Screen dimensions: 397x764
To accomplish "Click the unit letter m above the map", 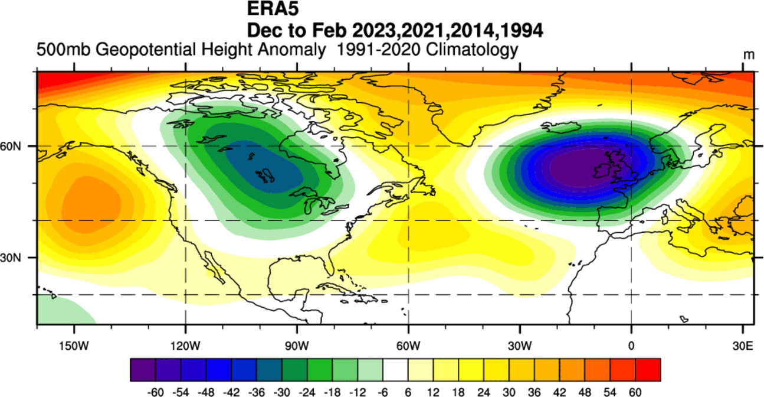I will coord(749,54).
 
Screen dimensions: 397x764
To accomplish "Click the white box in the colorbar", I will coord(395,370).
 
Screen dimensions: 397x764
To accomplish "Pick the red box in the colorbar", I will coord(648,370).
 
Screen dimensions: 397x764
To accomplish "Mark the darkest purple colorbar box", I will coord(142,370).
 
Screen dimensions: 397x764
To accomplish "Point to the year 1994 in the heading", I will coord(519,29).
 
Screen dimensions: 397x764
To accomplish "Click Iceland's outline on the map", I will coord(558,126).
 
